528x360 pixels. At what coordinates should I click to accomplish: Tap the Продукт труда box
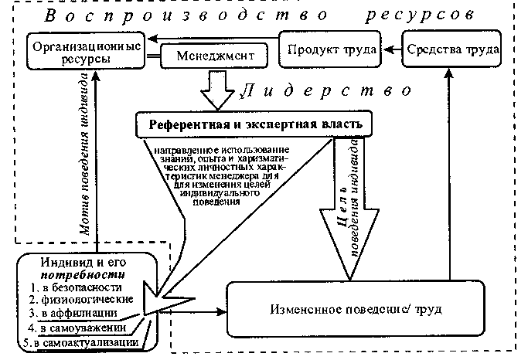332,49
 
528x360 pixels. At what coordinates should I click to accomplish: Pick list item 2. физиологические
80,299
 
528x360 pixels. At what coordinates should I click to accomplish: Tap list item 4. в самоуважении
78,327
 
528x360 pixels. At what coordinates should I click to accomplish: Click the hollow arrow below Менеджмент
218,86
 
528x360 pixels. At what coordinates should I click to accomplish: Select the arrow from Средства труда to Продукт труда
392,49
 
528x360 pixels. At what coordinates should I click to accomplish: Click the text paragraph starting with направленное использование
223,173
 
